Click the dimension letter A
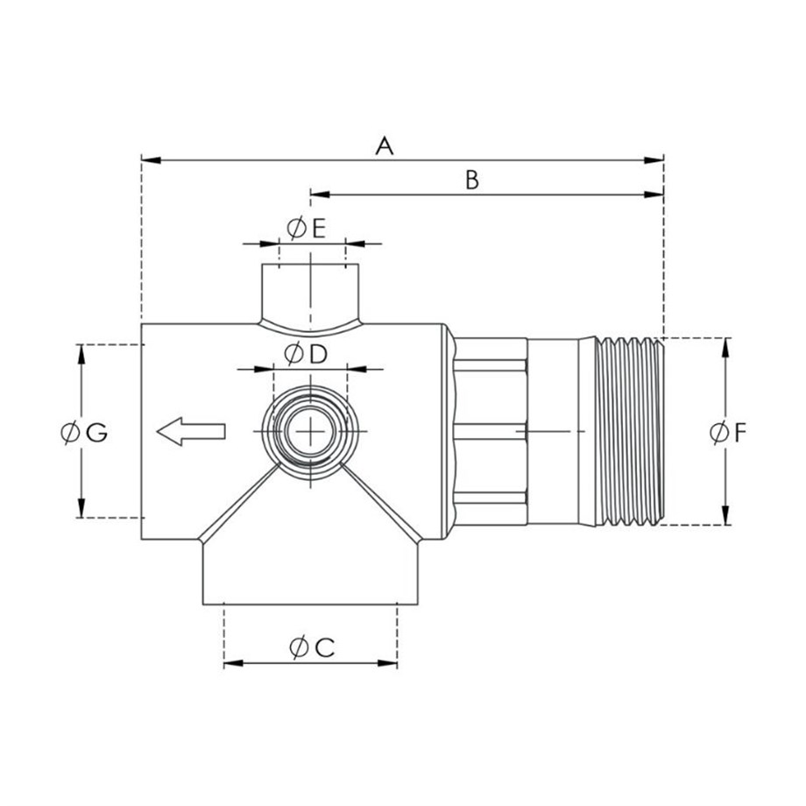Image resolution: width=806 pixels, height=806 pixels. (385, 146)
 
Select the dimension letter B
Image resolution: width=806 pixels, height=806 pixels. (472, 180)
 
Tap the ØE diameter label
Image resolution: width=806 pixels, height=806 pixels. (307, 229)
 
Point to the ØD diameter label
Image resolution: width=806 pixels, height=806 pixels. (306, 354)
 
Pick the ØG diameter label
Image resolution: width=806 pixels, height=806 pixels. (84, 432)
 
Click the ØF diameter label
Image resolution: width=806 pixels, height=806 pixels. (728, 432)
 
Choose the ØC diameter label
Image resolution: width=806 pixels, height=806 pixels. (312, 647)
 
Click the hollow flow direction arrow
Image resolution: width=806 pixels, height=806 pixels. (191, 431)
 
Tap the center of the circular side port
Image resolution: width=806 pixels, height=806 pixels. (310, 431)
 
